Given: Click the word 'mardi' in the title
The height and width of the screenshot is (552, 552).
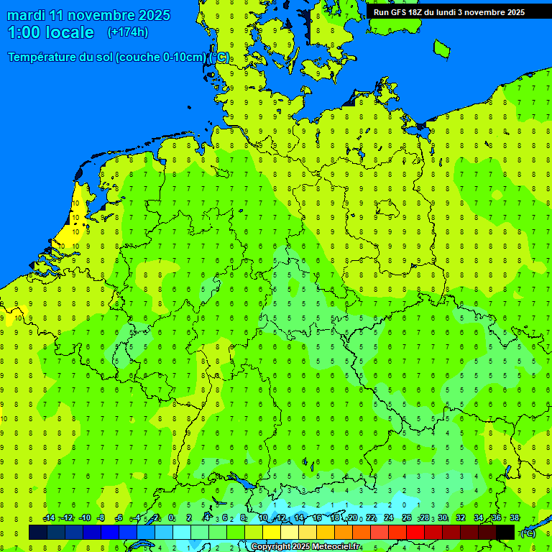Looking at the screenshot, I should tap(25, 15).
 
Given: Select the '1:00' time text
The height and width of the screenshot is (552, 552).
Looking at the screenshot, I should tap(23, 32).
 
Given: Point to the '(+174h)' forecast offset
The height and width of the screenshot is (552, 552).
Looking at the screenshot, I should tap(127, 32).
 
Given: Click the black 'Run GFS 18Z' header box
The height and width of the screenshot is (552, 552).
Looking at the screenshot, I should tap(448, 12).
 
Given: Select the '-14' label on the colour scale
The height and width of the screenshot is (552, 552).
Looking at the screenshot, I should tap(49, 518).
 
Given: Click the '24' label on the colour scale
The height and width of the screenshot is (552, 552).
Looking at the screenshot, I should tap(388, 518).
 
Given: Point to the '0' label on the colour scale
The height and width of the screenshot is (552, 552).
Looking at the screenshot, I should tap(171, 518).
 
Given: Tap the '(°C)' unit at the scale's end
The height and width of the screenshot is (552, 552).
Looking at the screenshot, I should tap(527, 533).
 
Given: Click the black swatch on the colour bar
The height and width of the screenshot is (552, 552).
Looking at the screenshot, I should tap(505, 532).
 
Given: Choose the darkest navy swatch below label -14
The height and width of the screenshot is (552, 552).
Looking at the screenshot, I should tap(38, 532).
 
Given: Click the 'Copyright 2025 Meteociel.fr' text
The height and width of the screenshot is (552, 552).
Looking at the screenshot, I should tap(305, 547).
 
